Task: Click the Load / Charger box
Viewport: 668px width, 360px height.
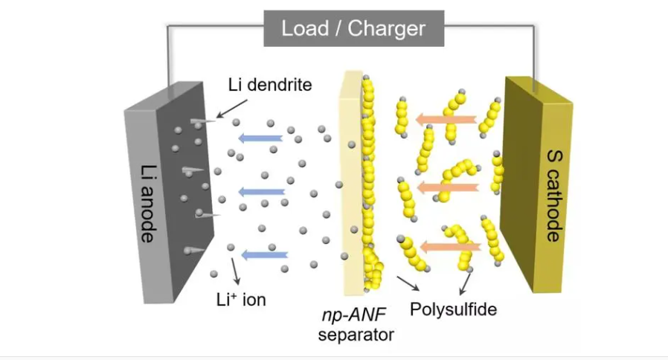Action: coord(353,28)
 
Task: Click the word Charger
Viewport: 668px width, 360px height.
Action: coord(386,29)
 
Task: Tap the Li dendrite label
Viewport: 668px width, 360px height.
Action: coord(270,85)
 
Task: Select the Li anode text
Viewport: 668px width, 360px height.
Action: coord(148,203)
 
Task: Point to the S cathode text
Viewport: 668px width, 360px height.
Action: coord(554,196)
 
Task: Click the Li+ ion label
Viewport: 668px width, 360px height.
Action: coord(241,300)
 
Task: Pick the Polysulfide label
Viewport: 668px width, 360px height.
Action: coord(453,309)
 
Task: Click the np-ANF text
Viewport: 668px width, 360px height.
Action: coord(354,315)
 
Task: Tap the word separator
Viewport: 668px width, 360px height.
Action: coord(356,335)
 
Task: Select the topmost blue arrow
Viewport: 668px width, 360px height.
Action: coord(260,138)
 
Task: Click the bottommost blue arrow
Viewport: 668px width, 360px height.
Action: coord(265,255)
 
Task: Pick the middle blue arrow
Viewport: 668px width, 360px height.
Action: coord(262,192)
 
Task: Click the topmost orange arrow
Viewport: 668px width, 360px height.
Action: coord(446,119)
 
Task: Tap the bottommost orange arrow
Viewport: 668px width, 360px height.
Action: coord(450,247)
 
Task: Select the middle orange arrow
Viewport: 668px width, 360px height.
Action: coord(447,187)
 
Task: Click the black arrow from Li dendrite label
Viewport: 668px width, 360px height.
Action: coord(232,109)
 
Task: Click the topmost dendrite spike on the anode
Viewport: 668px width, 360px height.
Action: coord(202,123)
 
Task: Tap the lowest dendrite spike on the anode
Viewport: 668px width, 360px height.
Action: coord(194,251)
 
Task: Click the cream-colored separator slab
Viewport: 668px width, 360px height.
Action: coord(351,183)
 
